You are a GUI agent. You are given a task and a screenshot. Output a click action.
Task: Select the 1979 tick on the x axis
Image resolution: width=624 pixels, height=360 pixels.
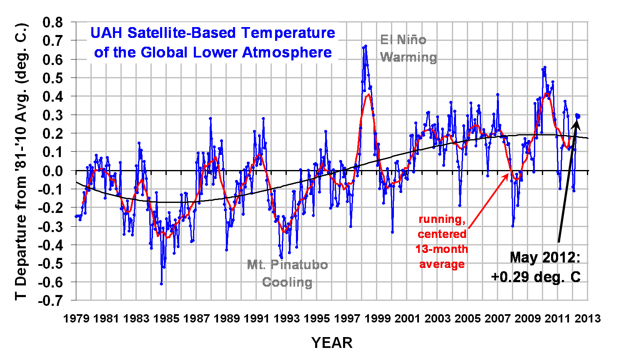tap(76, 319)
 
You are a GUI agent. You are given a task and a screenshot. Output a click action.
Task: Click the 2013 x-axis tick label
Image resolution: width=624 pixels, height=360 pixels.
tap(587, 319)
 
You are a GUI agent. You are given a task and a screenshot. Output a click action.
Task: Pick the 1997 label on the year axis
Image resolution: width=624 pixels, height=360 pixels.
tap(347, 319)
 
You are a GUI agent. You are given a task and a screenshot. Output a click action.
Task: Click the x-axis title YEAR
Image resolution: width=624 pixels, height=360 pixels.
tap(332, 343)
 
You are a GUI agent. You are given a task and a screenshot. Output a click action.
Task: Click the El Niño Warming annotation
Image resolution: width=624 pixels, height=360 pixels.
tap(408, 49)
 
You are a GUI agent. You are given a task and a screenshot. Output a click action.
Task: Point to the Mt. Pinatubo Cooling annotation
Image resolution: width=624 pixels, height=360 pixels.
tap(287, 273)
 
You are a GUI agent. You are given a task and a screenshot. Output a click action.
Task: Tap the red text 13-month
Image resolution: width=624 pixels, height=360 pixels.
tap(442, 249)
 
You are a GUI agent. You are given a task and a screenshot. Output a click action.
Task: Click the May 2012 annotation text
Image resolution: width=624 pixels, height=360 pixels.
tap(545, 257)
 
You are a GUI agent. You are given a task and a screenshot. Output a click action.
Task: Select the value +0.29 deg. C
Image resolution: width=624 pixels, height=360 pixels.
tap(536, 277)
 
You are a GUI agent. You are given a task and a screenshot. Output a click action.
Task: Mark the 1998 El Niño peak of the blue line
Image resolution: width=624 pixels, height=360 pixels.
tap(366, 46)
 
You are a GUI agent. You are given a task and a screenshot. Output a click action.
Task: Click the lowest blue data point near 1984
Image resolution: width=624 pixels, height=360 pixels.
tap(161, 284)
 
